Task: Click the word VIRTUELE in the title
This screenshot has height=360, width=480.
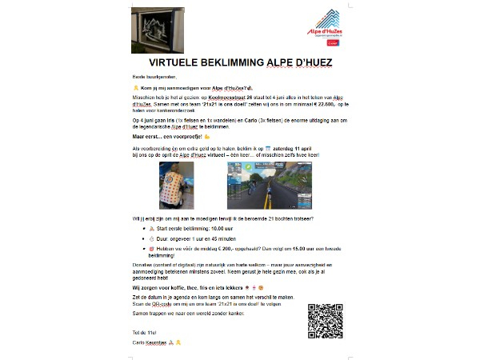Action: point(178,62)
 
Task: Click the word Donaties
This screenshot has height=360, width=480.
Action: point(142,263)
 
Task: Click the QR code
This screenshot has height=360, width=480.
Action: point(325,320)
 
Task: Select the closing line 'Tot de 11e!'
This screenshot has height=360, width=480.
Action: point(142,331)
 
